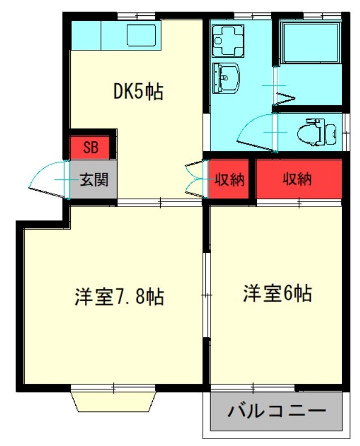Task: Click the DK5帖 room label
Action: (x=139, y=91)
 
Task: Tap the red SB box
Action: (x=91, y=148)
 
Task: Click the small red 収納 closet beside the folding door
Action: (x=229, y=181)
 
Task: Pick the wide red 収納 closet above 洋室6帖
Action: (x=298, y=179)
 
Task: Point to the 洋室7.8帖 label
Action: (x=119, y=297)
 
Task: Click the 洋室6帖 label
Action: (x=277, y=294)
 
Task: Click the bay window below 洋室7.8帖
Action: (x=113, y=400)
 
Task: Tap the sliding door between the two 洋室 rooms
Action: (x=206, y=294)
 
